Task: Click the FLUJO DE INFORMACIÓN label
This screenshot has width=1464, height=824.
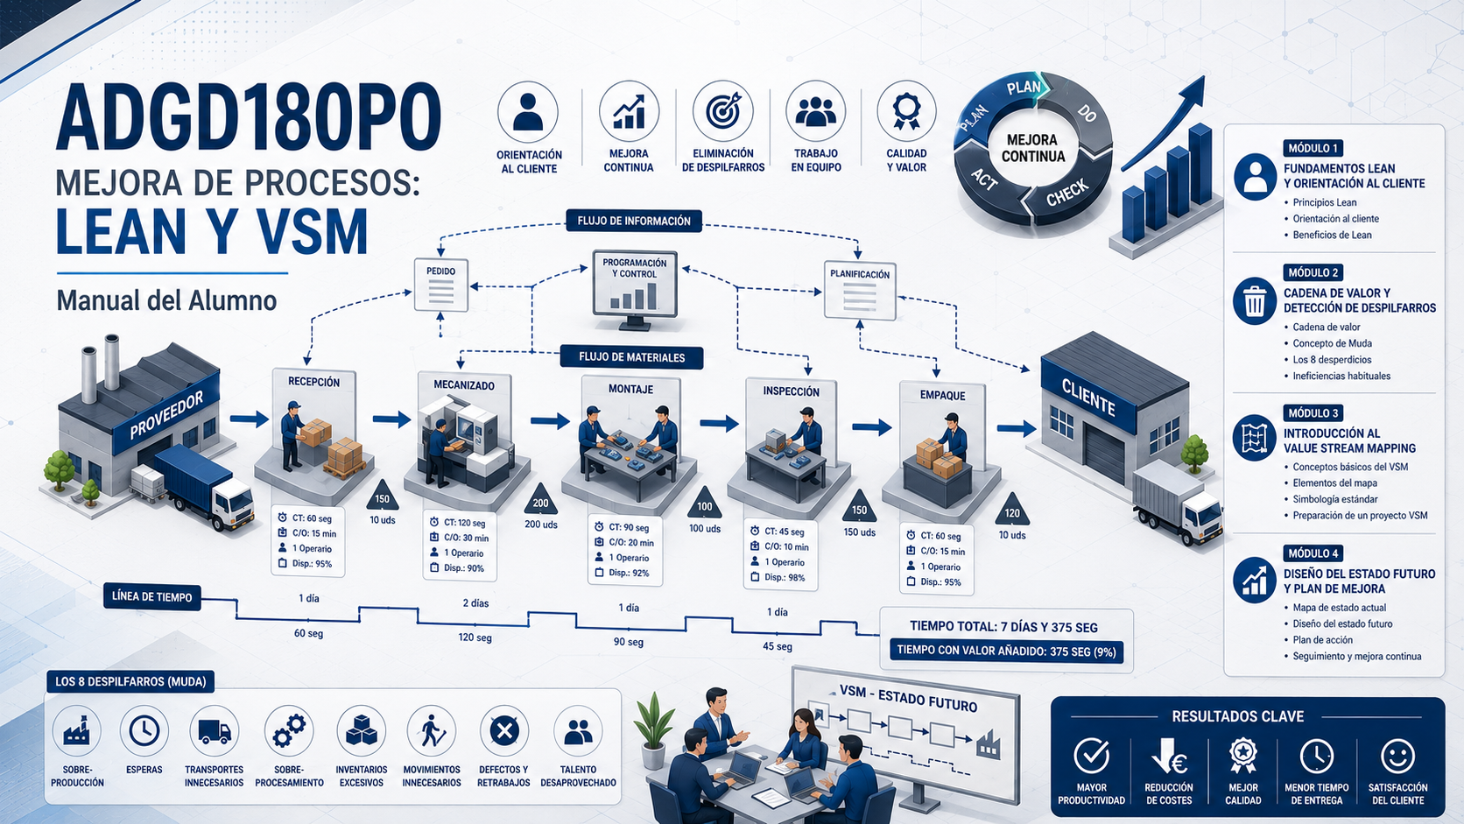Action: [x=634, y=221]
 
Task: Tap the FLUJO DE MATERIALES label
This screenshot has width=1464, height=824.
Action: [x=631, y=357]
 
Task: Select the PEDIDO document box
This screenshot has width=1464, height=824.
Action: [x=441, y=285]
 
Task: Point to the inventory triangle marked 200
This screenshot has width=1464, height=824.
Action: [x=540, y=501]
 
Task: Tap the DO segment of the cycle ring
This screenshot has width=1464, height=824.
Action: [x=1081, y=121]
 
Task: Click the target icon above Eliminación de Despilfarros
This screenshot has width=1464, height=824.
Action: [x=723, y=111]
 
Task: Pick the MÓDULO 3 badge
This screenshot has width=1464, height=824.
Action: [x=1313, y=413]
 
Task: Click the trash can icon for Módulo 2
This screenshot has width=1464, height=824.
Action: [x=1255, y=301]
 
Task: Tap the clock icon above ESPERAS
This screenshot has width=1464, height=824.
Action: [x=144, y=730]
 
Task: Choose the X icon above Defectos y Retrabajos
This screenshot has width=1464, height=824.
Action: [x=503, y=731]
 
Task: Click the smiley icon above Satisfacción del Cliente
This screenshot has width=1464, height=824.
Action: [x=1398, y=756]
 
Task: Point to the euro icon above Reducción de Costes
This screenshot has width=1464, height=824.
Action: [x=1169, y=756]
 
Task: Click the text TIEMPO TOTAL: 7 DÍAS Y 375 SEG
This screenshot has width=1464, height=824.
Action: [x=1004, y=627]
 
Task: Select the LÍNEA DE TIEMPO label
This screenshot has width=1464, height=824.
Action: [x=152, y=596]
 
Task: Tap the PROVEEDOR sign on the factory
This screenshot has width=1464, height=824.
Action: [x=166, y=414]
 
